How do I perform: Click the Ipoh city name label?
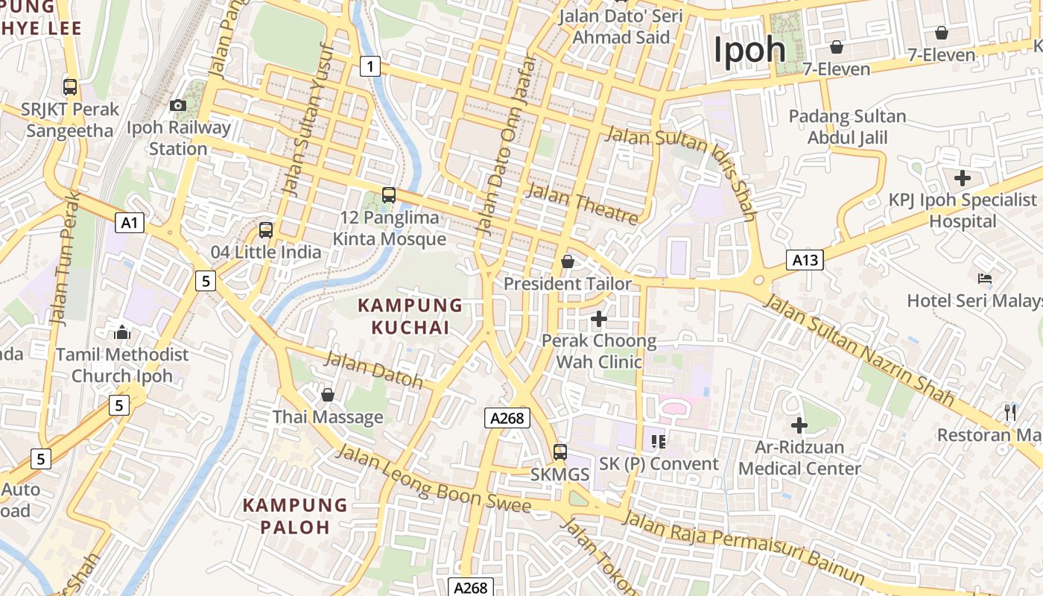[749, 50]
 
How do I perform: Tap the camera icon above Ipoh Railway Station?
[178, 105]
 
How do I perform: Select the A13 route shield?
[805, 260]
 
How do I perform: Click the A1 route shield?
[130, 222]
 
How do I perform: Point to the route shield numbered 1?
[370, 66]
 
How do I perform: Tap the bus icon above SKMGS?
[559, 452]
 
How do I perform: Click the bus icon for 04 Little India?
[266, 230]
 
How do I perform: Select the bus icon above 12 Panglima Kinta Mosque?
[389, 195]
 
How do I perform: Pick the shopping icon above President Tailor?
[568, 261]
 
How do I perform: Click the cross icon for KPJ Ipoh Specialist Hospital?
[963, 178]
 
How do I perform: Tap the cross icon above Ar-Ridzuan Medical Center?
[799, 425]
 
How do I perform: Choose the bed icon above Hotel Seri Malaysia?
[985, 279]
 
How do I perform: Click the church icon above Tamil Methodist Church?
[122, 332]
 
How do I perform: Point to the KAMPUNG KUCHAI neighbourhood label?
[410, 316]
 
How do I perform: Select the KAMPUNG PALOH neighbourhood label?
[295, 516]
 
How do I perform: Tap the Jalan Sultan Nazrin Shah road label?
[858, 349]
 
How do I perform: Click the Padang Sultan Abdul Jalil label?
[847, 127]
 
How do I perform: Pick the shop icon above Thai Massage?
[327, 394]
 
